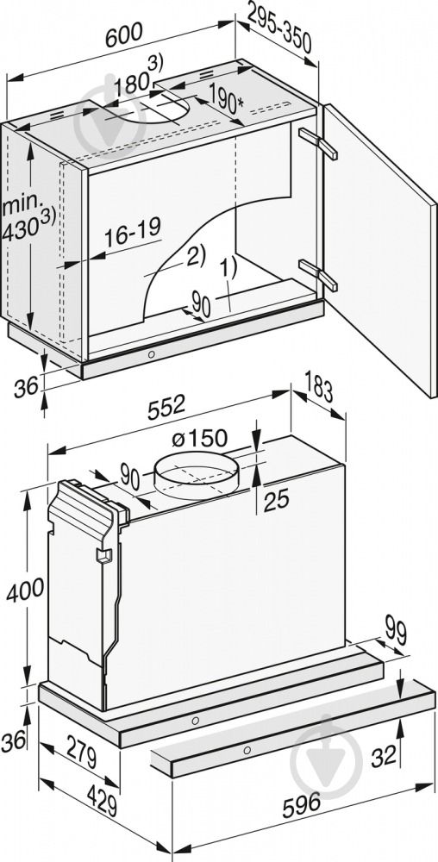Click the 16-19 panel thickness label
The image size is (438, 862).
click(x=134, y=230)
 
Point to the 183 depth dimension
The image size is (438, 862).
click(x=318, y=389)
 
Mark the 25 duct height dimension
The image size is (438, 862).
click(x=275, y=501)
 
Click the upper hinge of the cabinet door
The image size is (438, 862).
click(x=316, y=143)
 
